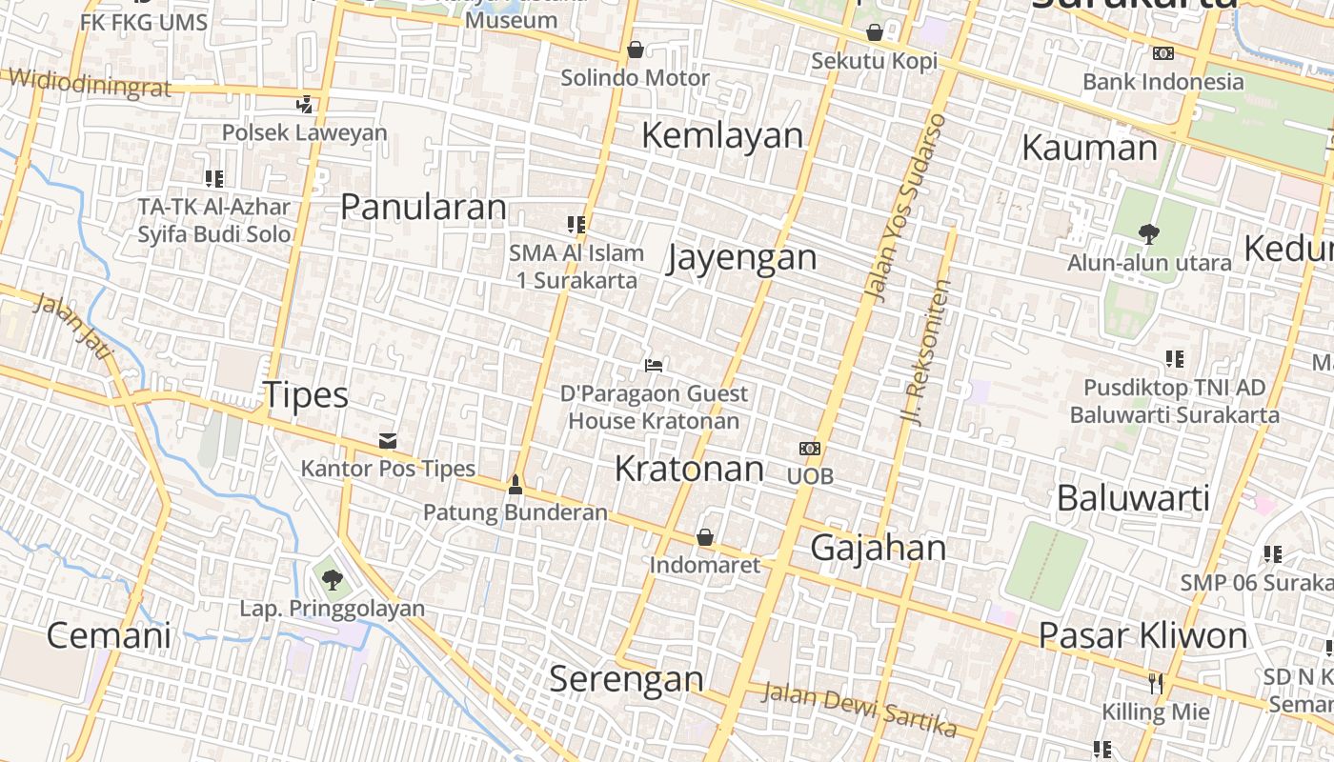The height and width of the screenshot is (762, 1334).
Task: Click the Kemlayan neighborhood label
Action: click(722, 135)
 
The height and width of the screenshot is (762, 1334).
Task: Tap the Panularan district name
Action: click(423, 207)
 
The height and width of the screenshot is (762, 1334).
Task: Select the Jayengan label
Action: click(742, 258)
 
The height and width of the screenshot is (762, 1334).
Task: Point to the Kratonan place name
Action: click(689, 469)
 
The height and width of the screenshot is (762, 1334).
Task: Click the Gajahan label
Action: click(879, 548)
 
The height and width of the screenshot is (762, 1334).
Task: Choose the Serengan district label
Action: click(626, 679)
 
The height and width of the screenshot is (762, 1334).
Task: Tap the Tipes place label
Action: click(305, 395)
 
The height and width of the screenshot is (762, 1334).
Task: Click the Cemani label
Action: click(109, 635)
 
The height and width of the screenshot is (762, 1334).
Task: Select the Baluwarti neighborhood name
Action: click(1133, 497)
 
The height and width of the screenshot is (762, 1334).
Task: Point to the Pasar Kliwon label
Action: click(1142, 635)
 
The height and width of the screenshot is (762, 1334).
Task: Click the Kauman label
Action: click(1089, 149)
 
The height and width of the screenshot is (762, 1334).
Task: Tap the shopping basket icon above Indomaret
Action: click(705, 538)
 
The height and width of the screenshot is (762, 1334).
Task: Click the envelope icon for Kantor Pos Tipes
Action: click(388, 441)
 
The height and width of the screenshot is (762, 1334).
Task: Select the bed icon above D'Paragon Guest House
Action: click(653, 365)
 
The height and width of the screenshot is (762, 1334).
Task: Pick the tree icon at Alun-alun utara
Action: click(1149, 232)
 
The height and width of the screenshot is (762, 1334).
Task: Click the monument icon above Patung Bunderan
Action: click(515, 485)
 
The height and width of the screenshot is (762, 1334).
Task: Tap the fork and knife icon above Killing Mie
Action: click(1156, 683)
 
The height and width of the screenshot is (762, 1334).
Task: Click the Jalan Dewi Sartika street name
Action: click(859, 710)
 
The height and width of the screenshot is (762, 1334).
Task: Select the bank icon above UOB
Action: click(810, 448)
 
